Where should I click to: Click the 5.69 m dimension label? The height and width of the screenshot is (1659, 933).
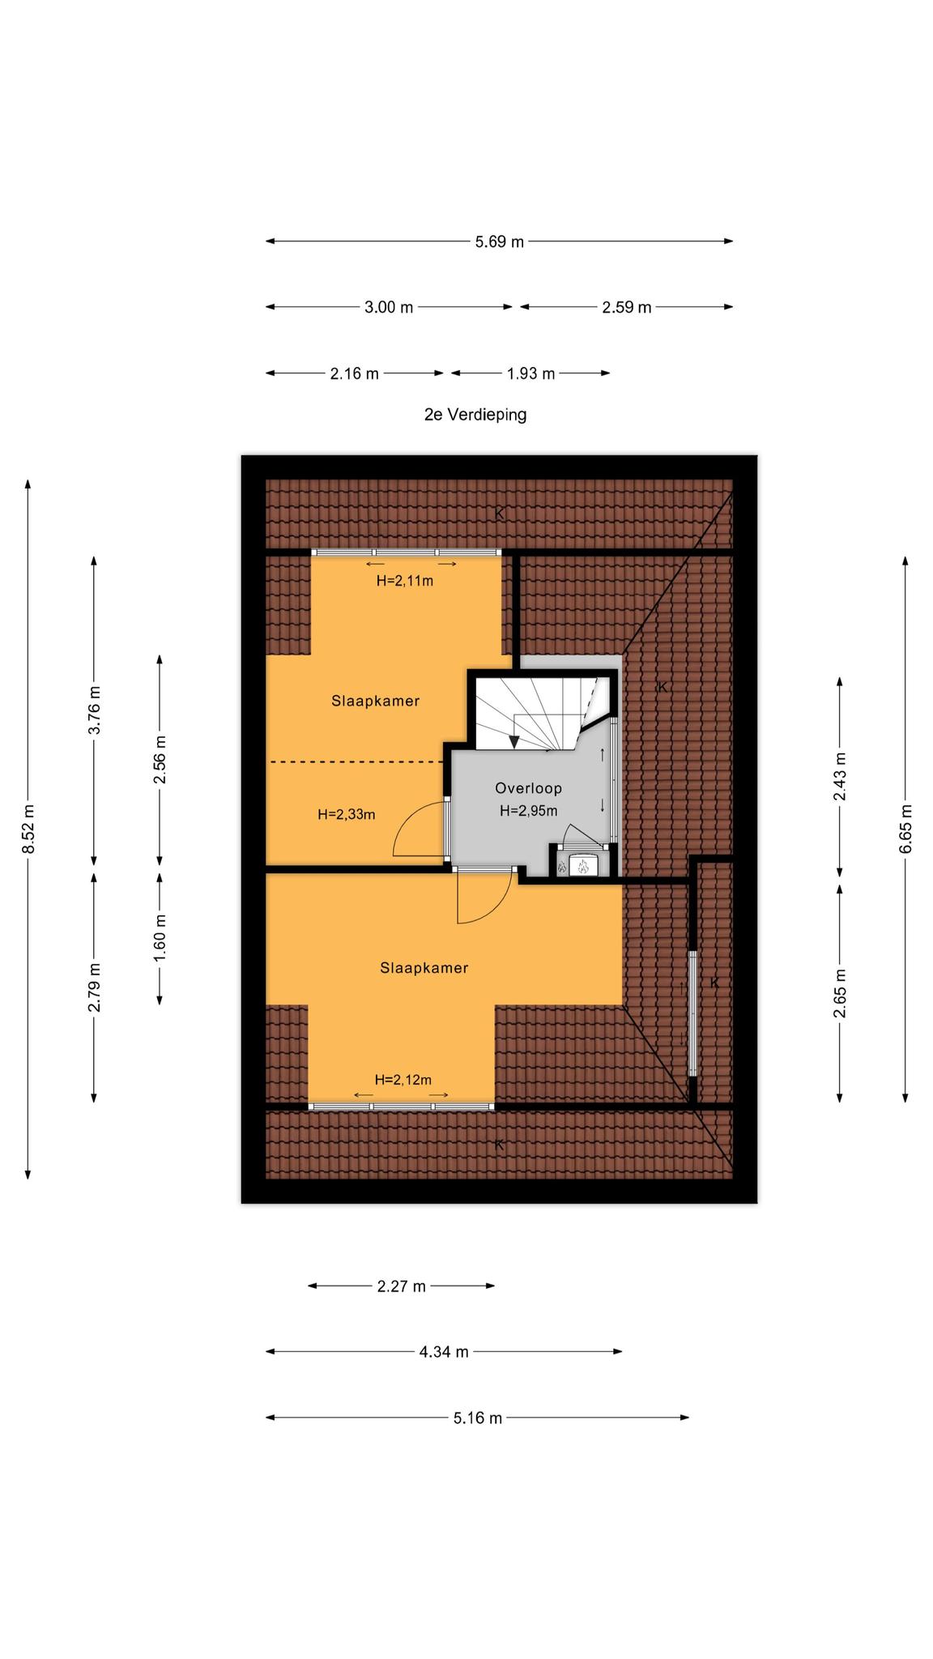499,241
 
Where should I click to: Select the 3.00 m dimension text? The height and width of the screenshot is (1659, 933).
389,307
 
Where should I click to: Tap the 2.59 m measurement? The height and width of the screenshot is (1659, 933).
627,307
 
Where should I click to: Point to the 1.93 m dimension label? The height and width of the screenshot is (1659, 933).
531,373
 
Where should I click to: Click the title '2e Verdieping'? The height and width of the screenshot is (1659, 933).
475,415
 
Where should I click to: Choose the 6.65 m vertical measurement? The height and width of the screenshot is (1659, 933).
905,829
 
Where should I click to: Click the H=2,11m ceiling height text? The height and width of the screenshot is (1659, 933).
405,581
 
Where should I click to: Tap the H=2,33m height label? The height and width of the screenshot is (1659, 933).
347,815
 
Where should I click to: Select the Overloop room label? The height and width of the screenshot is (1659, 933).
529,788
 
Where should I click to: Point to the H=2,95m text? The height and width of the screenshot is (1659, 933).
529,811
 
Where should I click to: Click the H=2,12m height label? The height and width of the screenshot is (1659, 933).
403,1080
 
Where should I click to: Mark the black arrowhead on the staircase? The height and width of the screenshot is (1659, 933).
513,743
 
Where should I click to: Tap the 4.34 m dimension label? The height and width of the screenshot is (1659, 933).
444,1352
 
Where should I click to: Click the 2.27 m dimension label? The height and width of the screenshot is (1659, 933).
402,1286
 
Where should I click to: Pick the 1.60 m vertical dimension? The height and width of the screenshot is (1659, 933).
160,938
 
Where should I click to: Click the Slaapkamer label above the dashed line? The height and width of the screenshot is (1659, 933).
376,702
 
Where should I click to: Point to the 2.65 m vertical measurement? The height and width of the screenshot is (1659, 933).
840,993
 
